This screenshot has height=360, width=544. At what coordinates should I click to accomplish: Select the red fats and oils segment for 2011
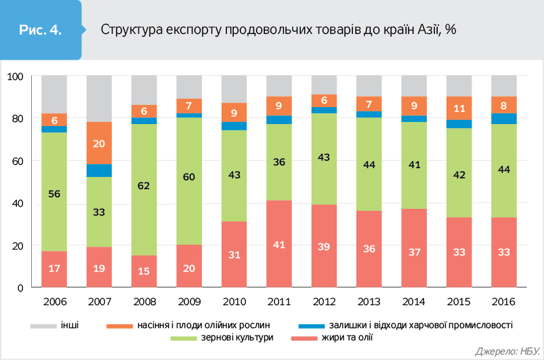[x=279, y=231]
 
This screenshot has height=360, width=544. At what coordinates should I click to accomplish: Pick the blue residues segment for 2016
[x=503, y=119]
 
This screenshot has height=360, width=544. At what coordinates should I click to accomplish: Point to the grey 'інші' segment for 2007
[x=99, y=99]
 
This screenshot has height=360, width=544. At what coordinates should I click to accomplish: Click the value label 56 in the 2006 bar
[x=54, y=193]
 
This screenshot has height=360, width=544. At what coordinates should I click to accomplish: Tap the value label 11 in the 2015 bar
[x=459, y=108]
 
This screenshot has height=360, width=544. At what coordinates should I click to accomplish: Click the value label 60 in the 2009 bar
[x=189, y=178]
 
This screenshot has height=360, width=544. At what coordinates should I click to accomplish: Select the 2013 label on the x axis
[x=369, y=302]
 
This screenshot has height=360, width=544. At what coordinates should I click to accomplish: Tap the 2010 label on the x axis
[x=234, y=302]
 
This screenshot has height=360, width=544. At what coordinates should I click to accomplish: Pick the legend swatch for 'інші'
[x=43, y=325]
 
